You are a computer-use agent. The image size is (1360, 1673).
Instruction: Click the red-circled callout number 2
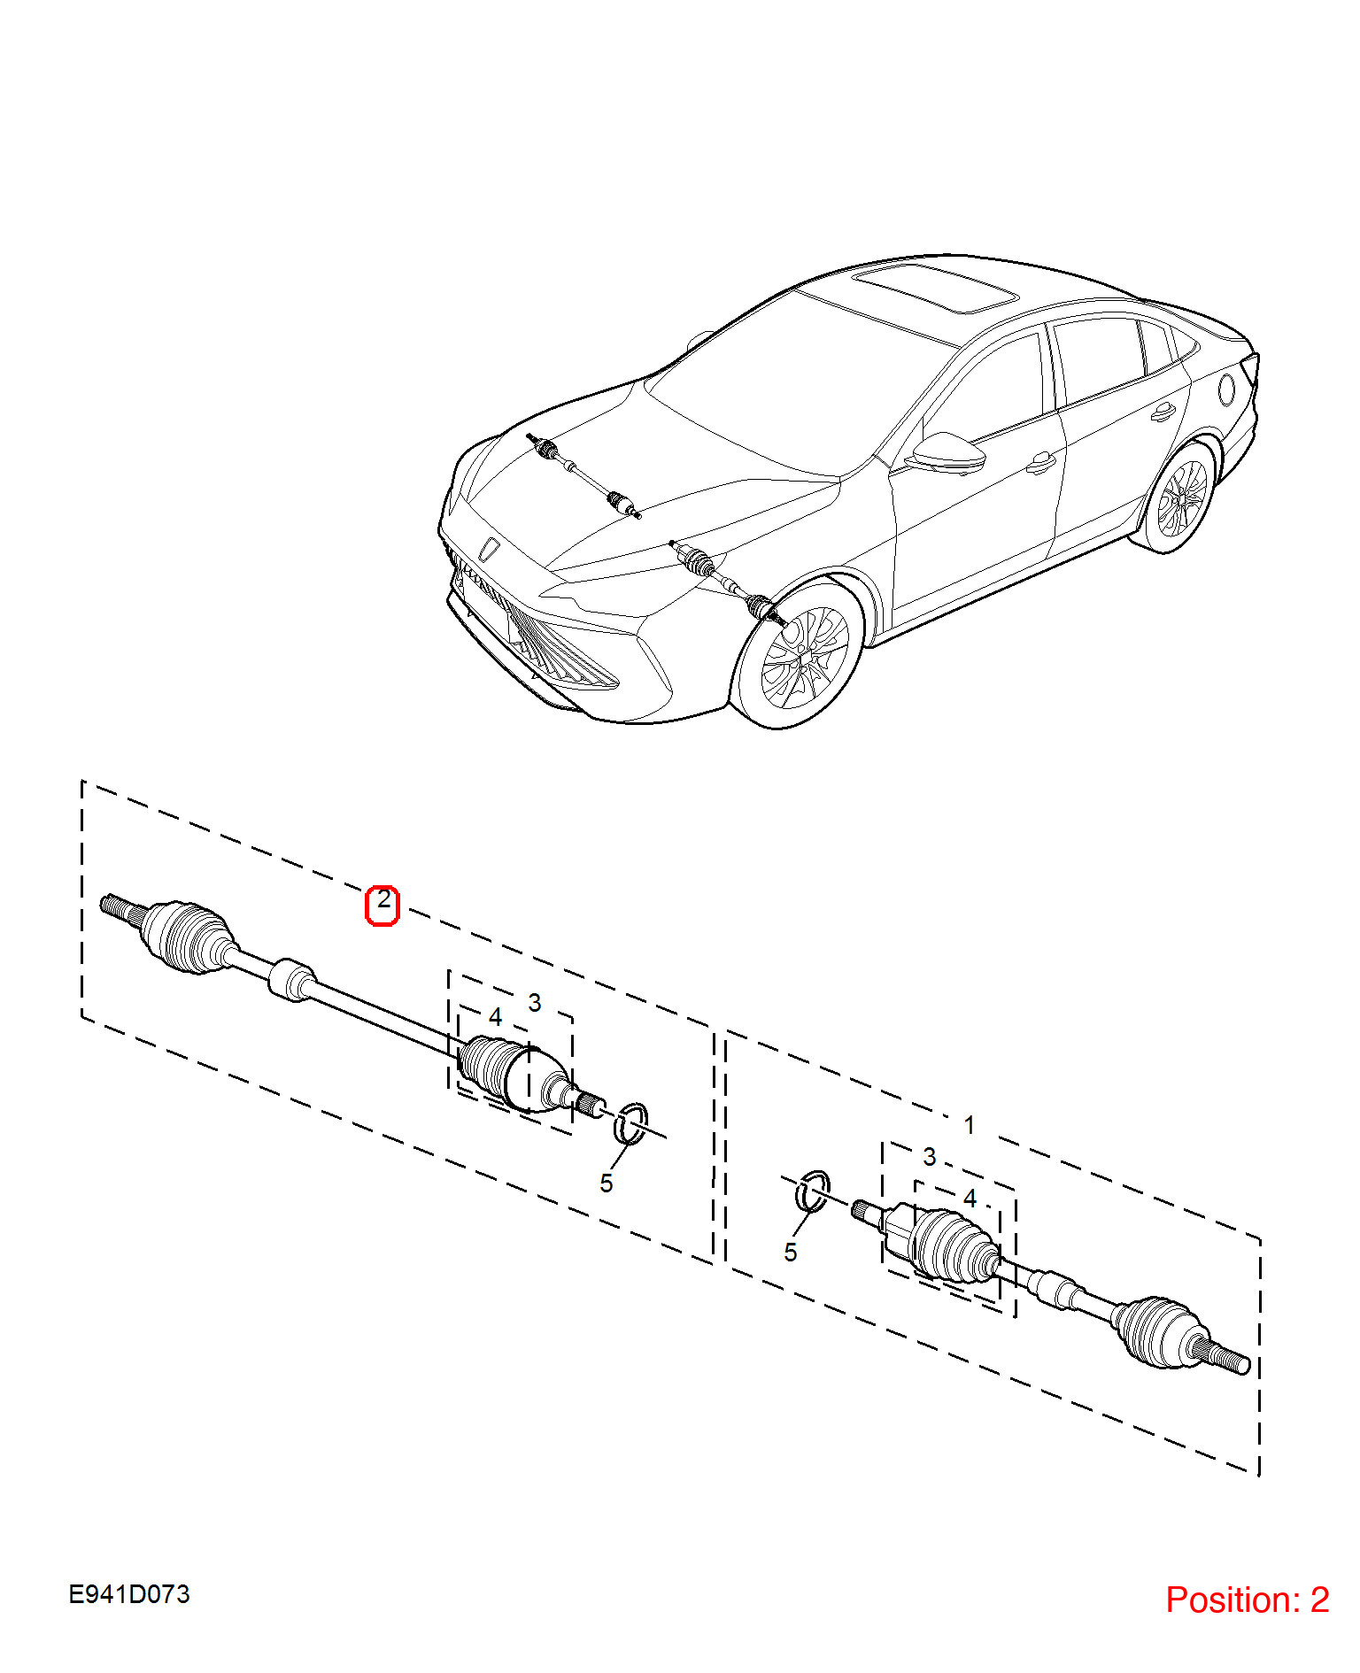point(382,905)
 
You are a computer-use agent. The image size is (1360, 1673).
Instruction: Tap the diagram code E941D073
point(129,1594)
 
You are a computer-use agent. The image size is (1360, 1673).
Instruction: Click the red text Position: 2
point(1247,1600)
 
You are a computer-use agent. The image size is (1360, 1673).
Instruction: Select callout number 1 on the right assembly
point(970,1125)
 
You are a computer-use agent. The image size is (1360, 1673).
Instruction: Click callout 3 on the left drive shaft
point(535,1003)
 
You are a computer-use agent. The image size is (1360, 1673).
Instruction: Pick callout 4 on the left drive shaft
point(496,1018)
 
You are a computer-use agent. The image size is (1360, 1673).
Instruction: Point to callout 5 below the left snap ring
point(607,1183)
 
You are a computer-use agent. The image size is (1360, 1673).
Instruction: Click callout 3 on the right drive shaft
point(930,1157)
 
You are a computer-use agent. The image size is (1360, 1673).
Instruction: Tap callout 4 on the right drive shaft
point(970,1199)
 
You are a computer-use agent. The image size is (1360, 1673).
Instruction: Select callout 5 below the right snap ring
point(791,1253)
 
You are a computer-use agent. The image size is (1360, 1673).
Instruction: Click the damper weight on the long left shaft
point(292,980)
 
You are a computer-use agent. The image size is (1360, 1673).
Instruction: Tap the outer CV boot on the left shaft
point(189,937)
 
